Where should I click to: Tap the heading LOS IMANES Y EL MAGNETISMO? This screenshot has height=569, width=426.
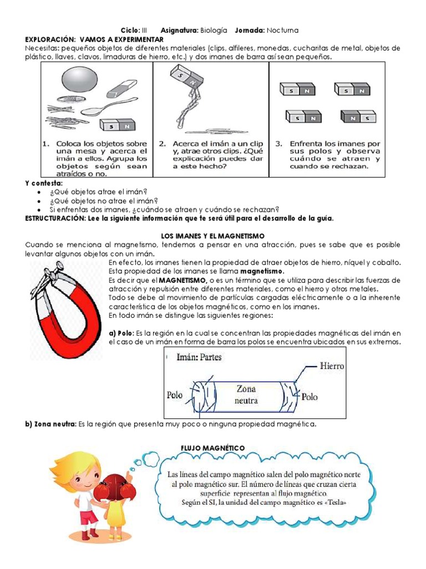pos(212,236)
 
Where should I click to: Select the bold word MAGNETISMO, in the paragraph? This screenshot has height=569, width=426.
pos(184,279)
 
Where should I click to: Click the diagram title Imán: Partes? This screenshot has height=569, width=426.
pos(199,357)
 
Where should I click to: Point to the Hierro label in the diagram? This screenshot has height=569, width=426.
pos(332,366)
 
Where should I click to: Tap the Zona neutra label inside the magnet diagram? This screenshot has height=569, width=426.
pos(246,394)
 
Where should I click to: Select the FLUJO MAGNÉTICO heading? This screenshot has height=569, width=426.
pos(212,448)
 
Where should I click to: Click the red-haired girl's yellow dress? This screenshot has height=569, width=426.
pos(114,512)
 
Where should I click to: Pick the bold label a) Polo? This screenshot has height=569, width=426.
pos(122,332)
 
